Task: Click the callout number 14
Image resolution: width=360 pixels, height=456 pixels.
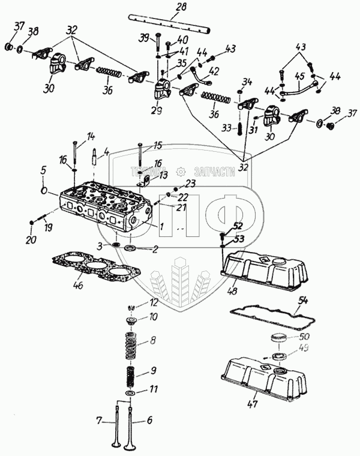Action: click(91, 136)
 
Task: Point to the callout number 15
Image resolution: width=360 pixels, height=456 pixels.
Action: click(158, 145)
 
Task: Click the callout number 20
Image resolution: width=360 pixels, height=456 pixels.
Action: click(31, 241)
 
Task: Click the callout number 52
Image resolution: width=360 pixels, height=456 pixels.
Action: click(238, 226)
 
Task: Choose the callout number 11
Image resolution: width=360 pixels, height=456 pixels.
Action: click(154, 389)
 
